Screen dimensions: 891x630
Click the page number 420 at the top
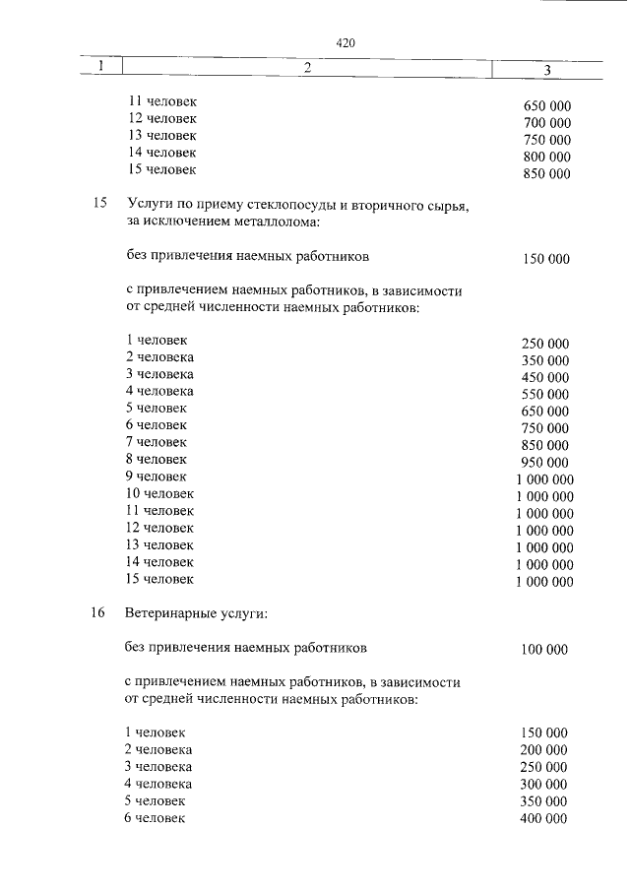(x=345, y=43)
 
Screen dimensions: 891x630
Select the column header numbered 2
(x=307, y=67)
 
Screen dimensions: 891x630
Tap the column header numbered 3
(x=546, y=69)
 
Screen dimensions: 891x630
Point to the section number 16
(x=97, y=613)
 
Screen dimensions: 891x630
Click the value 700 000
(x=547, y=123)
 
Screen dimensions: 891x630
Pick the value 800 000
(x=547, y=158)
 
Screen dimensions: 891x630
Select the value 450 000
(x=545, y=378)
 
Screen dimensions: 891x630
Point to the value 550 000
(x=545, y=395)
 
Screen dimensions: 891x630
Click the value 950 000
(x=545, y=463)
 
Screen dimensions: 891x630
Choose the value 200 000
(x=543, y=750)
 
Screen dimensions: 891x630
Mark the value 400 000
(x=543, y=819)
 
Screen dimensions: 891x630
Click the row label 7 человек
(x=157, y=442)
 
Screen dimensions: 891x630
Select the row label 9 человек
(x=157, y=477)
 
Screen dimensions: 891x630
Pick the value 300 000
(x=543, y=785)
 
